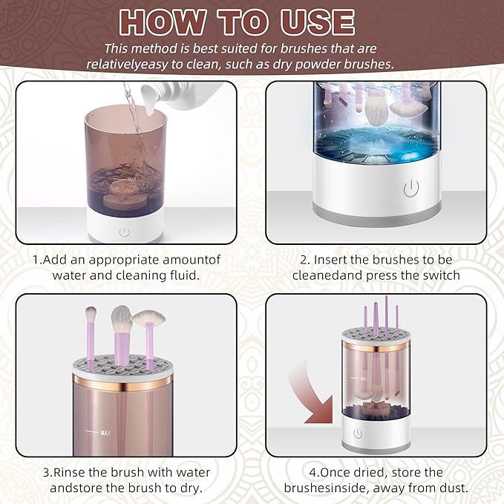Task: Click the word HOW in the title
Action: (x=163, y=22)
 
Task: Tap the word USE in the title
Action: (x=318, y=22)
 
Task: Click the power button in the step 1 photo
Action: (x=125, y=232)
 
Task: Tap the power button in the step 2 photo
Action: (x=411, y=189)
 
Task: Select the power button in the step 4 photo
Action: (x=358, y=433)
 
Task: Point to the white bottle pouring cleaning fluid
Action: (x=180, y=96)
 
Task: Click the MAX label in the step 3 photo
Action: (x=105, y=433)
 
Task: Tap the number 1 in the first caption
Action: (x=36, y=260)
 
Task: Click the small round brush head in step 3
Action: (x=91, y=315)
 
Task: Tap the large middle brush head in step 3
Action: (x=122, y=319)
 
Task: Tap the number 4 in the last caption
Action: (x=312, y=473)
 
